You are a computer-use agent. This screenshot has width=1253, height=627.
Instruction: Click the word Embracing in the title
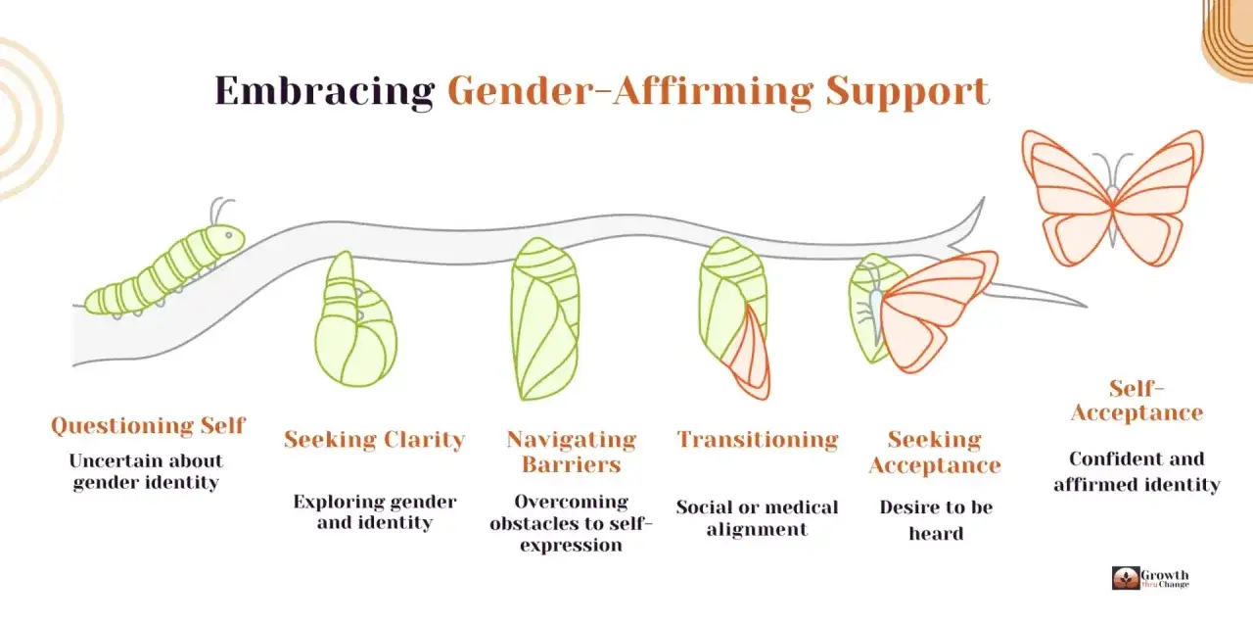[x=324, y=91]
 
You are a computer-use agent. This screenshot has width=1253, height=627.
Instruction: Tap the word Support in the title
[x=907, y=92]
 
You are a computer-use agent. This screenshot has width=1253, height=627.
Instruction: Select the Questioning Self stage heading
[x=148, y=425]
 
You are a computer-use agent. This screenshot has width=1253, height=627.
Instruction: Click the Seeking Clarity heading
[x=374, y=440]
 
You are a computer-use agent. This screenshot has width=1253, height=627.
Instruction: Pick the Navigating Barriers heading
[x=571, y=452]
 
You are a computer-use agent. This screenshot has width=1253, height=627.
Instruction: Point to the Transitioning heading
[x=758, y=440]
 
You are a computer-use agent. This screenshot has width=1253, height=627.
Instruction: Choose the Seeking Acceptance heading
[x=935, y=453]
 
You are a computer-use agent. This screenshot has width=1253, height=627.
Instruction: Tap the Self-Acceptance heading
[x=1137, y=401]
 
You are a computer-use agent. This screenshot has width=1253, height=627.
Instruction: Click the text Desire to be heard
[x=936, y=520]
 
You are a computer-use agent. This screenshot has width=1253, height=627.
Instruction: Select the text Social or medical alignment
[x=757, y=518]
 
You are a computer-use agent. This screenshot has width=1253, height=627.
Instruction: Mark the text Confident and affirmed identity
[x=1137, y=471]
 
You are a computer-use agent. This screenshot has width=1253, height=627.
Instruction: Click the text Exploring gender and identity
[x=374, y=511]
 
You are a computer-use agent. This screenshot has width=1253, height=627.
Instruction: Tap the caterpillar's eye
[x=229, y=235]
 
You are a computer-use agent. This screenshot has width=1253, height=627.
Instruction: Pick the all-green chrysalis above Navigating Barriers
[x=545, y=319]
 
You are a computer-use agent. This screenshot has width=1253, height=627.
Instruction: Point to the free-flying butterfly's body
[x=1113, y=216]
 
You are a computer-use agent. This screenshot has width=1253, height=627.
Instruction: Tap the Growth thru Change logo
[x=1150, y=578]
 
